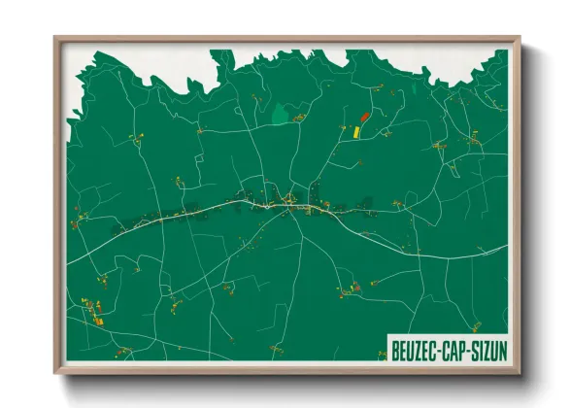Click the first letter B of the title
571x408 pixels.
tap(395, 348)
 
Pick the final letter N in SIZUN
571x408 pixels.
tap(507, 348)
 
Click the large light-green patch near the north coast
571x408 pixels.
tap(282, 115)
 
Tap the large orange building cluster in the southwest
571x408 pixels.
tap(97, 314)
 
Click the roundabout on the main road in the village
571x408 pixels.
tap(289, 202)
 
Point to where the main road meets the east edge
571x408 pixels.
tap(507, 246)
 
